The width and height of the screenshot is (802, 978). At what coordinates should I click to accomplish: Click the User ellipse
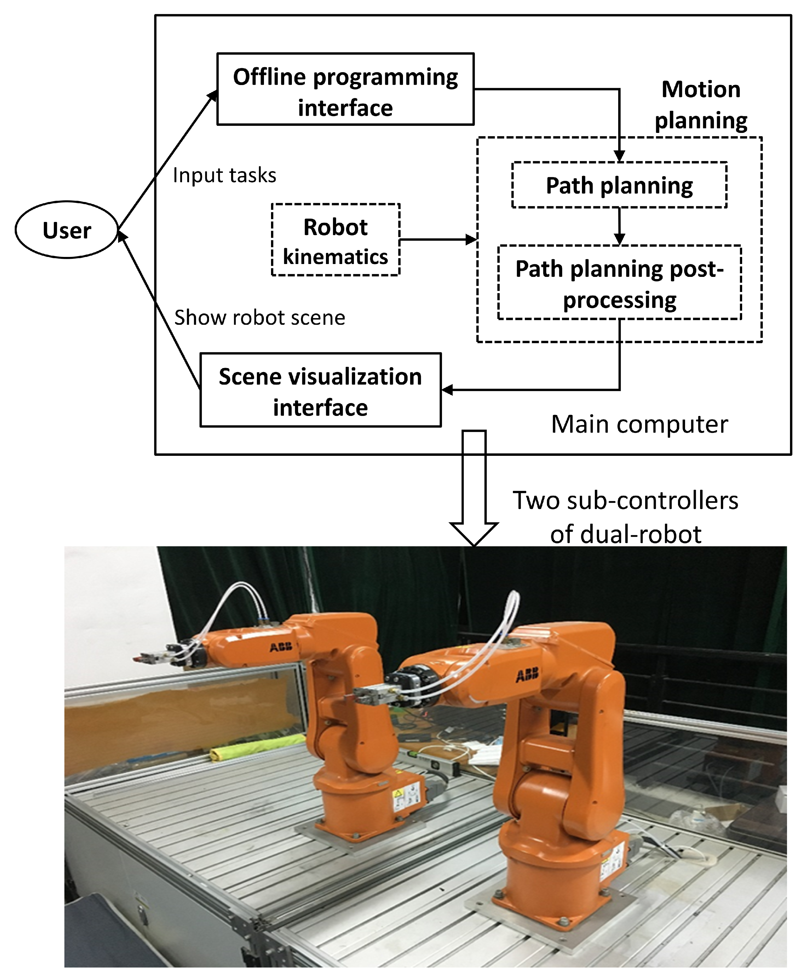(x=67, y=230)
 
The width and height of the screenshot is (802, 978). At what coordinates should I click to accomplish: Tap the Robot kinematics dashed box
(x=335, y=240)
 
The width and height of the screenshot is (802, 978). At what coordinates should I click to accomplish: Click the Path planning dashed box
(x=619, y=185)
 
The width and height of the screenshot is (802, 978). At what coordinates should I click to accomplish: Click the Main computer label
(x=639, y=424)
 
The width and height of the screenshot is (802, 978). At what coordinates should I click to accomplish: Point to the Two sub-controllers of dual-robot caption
(x=625, y=517)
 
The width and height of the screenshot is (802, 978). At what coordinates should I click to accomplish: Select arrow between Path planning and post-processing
(x=619, y=226)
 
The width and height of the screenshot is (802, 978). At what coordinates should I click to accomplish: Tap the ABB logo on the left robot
(x=281, y=647)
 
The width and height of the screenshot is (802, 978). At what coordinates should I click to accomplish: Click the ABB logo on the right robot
(x=527, y=676)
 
